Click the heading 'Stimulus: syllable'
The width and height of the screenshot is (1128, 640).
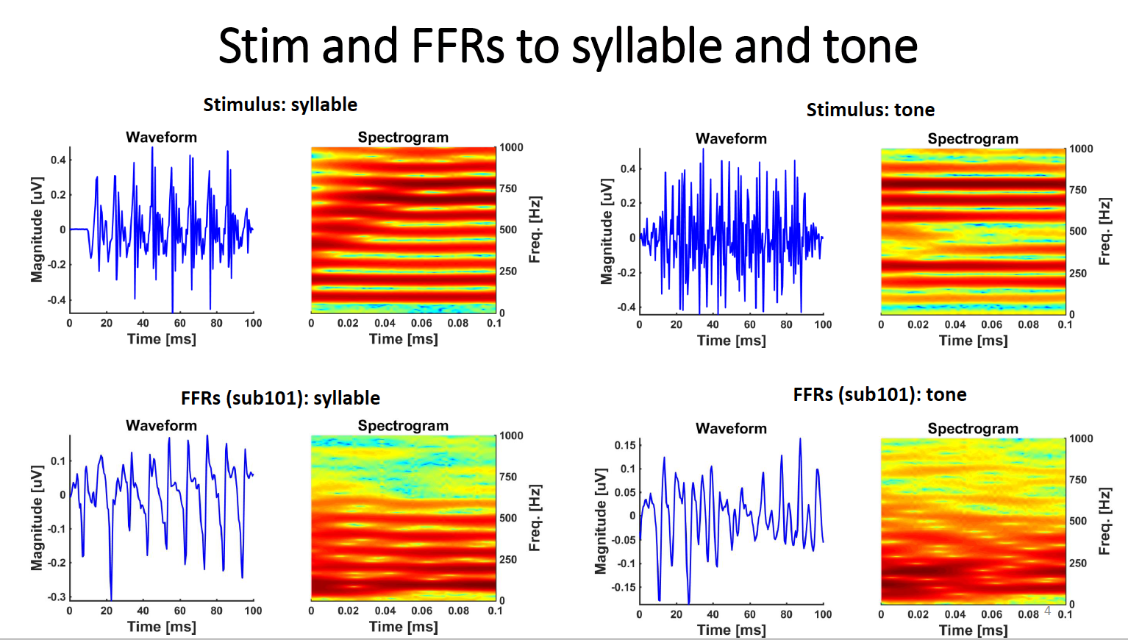pos(280,105)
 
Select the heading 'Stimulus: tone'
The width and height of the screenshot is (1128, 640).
pos(870,110)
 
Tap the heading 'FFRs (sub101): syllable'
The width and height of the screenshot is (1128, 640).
pos(280,399)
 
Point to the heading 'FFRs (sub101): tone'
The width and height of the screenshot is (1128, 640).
pos(879,395)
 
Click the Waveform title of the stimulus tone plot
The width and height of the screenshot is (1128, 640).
pos(731,139)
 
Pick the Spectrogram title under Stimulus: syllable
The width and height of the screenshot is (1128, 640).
pos(403,138)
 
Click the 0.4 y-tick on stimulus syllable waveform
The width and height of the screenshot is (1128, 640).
pos(58,160)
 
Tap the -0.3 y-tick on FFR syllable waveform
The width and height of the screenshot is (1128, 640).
pos(57,597)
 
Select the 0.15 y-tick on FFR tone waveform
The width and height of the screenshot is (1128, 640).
pos(625,445)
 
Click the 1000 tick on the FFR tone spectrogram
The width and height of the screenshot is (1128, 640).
pos(1081,439)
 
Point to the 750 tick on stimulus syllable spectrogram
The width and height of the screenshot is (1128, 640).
pos(508,189)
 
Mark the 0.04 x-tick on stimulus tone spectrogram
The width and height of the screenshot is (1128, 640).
pos(955,324)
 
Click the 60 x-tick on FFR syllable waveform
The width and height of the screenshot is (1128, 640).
pos(179,611)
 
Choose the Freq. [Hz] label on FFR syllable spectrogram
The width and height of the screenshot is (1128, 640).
pos(535,518)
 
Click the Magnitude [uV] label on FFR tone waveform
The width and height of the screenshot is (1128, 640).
pos(601,521)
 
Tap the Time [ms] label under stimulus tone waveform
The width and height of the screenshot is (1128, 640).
pos(731,341)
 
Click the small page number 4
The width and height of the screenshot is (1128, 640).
pos(1047,611)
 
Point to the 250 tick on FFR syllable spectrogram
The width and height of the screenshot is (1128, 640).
pos(508,560)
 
